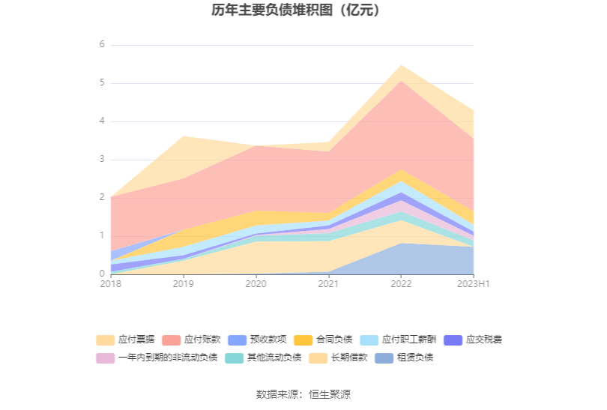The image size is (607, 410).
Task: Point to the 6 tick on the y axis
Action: [102, 44]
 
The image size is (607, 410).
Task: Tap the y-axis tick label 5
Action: [102, 82]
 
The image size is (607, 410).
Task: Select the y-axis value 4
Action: [102, 121]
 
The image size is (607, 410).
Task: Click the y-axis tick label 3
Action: [102, 160]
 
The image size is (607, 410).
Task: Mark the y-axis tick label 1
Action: [102, 236]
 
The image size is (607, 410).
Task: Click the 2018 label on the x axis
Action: [110, 284]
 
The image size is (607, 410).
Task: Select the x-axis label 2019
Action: [184, 284]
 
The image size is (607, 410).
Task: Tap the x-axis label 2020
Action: [256, 284]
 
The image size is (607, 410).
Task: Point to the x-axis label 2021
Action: [328, 284]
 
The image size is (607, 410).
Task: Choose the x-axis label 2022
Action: [401, 284]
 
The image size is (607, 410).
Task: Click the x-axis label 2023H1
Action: [474, 284]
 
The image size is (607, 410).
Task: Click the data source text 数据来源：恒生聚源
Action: [303, 394]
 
